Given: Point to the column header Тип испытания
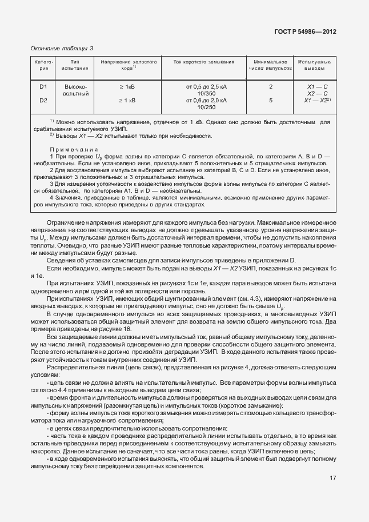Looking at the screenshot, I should tap(75, 65).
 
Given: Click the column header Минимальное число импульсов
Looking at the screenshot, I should tap(270, 65).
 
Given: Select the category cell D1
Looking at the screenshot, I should tap(43, 86).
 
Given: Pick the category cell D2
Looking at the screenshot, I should tap(43, 100).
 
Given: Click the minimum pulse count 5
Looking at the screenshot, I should tap(270, 100).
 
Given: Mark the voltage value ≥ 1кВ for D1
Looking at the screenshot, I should tap(126, 86).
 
